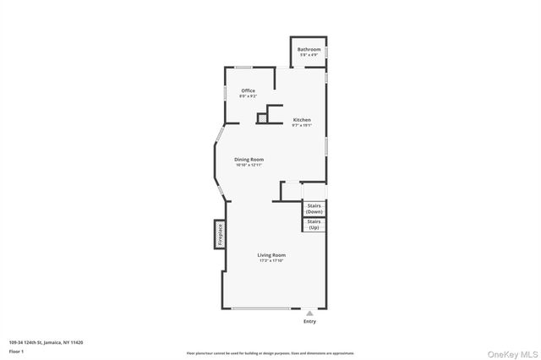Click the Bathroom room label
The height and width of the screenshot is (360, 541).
(309, 49)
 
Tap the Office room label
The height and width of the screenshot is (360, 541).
(248, 90)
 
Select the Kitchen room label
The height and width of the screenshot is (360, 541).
(302, 119)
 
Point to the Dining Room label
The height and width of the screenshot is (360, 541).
(249, 159)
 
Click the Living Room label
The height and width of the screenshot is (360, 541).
(272, 254)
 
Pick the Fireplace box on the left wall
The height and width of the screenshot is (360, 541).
(219, 234)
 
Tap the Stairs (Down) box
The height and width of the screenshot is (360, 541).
(314, 208)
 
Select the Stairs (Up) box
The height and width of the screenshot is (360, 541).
(314, 224)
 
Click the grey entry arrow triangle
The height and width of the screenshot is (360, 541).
(309, 313)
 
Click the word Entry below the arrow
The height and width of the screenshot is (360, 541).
(309, 322)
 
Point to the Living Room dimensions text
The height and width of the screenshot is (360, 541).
(272, 260)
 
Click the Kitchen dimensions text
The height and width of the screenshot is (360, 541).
(302, 126)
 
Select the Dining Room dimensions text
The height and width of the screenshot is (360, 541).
(249, 166)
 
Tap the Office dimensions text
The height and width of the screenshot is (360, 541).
(248, 96)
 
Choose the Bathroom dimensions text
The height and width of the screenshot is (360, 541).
(309, 56)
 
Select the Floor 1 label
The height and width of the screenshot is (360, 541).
(16, 351)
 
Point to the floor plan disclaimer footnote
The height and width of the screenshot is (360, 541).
(270, 353)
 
